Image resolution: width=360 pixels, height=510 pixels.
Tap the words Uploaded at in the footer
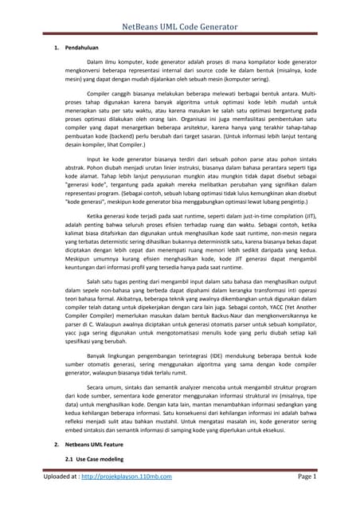tap(61, 499)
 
